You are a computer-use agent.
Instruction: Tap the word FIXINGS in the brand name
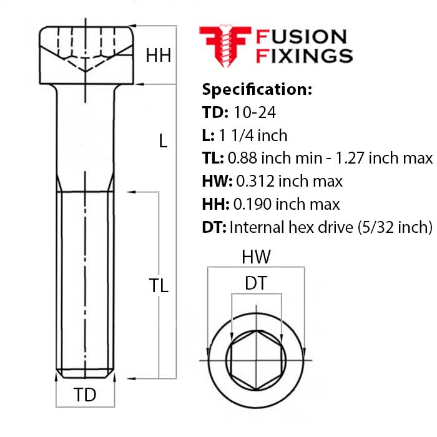304,56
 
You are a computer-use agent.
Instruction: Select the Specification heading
257,89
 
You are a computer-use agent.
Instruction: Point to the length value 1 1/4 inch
252,135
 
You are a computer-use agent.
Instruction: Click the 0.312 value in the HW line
256,181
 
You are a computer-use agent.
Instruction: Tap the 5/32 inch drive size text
398,227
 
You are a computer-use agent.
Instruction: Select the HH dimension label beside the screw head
159,56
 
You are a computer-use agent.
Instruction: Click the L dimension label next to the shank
163,141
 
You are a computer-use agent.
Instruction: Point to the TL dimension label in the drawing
159,285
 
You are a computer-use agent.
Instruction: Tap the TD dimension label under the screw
85,395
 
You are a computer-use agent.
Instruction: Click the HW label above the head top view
256,256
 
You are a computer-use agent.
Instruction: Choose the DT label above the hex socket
255,283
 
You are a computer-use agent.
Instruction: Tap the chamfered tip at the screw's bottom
85,375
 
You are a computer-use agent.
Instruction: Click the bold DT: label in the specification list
214,227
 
